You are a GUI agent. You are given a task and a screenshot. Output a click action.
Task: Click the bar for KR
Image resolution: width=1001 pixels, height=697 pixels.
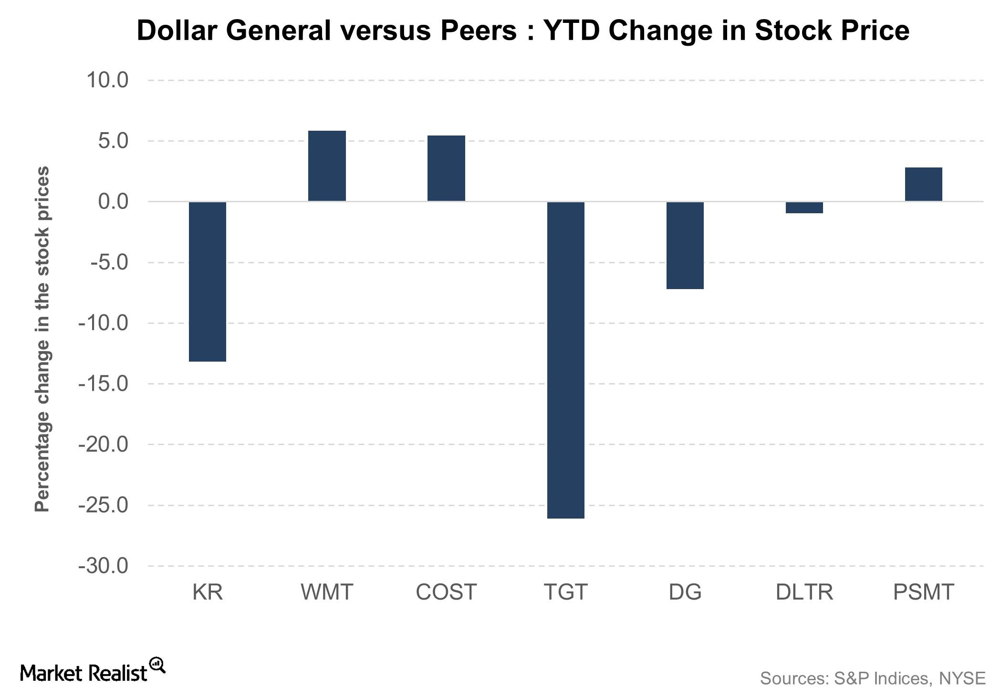(x=208, y=281)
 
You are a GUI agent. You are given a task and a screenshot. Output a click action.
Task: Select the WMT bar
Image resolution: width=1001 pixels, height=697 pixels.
(x=327, y=166)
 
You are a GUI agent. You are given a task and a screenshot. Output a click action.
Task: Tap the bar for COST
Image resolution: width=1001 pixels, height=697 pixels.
(x=446, y=168)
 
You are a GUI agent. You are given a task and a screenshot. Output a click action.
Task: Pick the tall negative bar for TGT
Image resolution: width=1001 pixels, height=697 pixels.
(x=565, y=360)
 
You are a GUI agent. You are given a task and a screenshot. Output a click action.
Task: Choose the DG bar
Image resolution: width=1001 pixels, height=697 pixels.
(x=685, y=245)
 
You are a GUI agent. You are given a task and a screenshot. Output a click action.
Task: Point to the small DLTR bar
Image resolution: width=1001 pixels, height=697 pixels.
(x=804, y=208)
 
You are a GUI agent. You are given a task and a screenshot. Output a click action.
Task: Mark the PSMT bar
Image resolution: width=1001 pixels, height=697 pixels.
(x=924, y=184)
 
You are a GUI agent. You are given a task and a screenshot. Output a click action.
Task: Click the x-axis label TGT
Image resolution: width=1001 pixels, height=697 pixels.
(x=565, y=592)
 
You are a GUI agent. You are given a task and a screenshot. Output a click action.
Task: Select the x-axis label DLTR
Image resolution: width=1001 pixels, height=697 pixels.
(x=804, y=592)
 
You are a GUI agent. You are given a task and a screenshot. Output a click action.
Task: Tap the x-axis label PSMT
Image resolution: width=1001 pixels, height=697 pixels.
(x=924, y=592)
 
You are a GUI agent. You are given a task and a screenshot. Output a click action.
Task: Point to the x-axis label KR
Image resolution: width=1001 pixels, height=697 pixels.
(x=208, y=592)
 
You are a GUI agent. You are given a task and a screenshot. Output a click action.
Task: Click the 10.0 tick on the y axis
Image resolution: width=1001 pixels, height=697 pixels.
(x=107, y=80)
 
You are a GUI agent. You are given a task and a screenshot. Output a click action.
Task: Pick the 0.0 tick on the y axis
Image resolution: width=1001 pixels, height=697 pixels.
(x=113, y=201)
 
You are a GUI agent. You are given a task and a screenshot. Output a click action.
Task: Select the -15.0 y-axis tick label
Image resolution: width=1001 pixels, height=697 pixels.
(x=104, y=384)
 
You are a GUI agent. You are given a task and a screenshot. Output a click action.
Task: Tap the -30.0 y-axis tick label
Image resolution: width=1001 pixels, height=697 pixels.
(x=104, y=566)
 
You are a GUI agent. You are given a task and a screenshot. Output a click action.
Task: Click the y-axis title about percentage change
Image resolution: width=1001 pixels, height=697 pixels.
(x=42, y=339)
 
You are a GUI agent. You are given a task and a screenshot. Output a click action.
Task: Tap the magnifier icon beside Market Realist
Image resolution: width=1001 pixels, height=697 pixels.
(x=157, y=665)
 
